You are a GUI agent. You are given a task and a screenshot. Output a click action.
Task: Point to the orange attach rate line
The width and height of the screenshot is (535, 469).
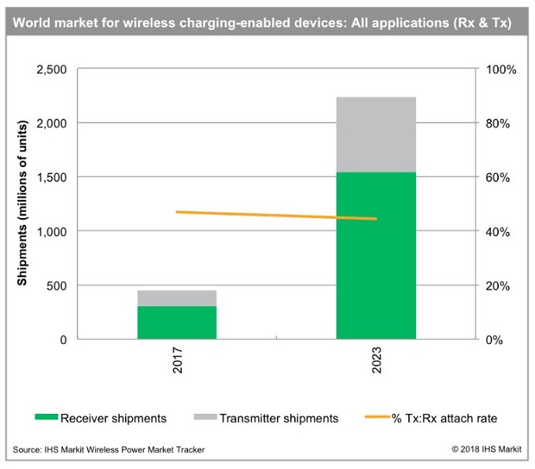[275, 215]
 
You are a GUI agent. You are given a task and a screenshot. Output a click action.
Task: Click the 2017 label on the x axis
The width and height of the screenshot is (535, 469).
[178, 365]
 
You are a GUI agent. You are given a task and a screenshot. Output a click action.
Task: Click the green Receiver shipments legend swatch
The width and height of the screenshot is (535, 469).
[46, 418]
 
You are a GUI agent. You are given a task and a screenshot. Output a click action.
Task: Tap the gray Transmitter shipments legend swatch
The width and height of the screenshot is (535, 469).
[204, 418]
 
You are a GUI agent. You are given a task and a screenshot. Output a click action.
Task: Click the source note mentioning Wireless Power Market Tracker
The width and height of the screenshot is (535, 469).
[109, 449]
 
